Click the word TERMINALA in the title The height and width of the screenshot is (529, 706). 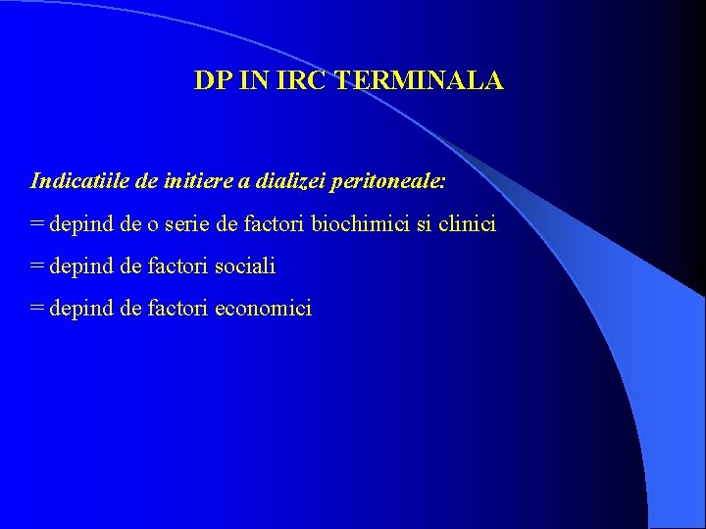(420, 81)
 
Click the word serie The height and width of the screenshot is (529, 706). (189, 224)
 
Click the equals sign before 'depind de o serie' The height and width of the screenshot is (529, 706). (37, 224)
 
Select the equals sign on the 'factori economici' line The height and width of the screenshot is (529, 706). (37, 309)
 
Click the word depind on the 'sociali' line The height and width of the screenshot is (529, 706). (81, 266)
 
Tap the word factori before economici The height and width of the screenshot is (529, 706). (177, 309)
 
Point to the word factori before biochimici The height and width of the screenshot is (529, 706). (274, 224)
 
